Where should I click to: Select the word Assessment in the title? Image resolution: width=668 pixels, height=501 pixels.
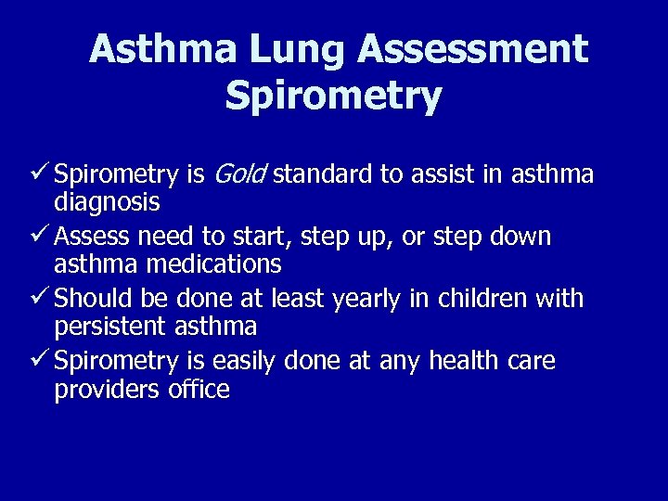[473, 49]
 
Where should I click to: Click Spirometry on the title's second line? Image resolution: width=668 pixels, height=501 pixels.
[333, 96]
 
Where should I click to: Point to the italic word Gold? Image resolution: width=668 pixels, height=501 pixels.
[240, 173]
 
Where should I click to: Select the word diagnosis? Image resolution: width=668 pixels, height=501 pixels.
[107, 201]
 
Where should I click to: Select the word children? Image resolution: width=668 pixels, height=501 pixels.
[484, 299]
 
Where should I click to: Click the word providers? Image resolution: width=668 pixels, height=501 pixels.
[108, 389]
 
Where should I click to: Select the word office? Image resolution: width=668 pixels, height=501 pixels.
[199, 388]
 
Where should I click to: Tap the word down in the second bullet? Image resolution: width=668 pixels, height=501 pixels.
[520, 236]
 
